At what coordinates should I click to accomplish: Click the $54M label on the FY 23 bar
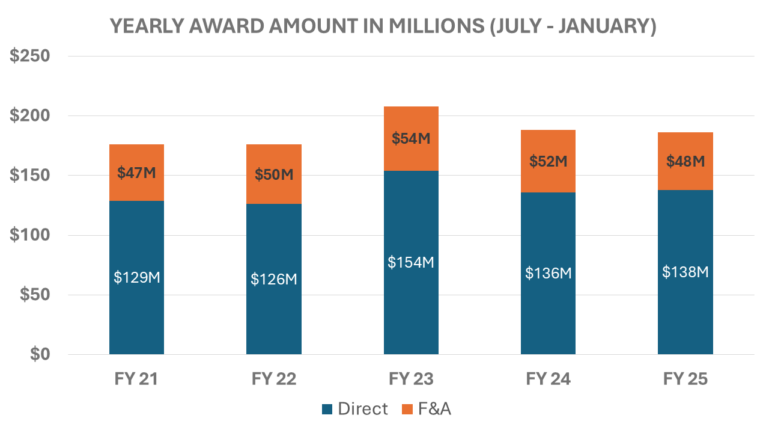pyautogui.click(x=411, y=138)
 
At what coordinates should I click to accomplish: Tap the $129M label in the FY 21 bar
pyautogui.click(x=136, y=277)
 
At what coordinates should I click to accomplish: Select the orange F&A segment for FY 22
pyautogui.click(x=274, y=174)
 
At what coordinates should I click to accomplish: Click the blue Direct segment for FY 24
pyautogui.click(x=549, y=273)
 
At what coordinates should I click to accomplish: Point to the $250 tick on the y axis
pyautogui.click(x=30, y=56)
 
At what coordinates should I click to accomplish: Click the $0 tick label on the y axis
pyautogui.click(x=40, y=354)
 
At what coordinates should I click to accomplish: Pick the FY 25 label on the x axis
pyautogui.click(x=685, y=379)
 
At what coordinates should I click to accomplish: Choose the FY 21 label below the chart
pyautogui.click(x=136, y=379)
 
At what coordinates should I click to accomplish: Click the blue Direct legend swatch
pyautogui.click(x=327, y=410)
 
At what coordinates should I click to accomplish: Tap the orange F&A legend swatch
pyautogui.click(x=407, y=410)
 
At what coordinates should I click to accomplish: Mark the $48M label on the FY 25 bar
pyautogui.click(x=685, y=161)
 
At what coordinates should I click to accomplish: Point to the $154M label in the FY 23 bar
pyautogui.click(x=411, y=263)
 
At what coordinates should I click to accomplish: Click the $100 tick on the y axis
pyautogui.click(x=30, y=235)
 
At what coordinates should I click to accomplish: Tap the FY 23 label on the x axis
pyautogui.click(x=411, y=379)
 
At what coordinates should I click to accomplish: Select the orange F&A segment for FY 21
pyautogui.click(x=136, y=173)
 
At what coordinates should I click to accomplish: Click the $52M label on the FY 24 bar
pyautogui.click(x=549, y=161)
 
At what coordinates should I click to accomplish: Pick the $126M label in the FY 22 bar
pyautogui.click(x=274, y=279)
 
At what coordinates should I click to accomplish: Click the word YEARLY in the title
pyautogui.click(x=147, y=26)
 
